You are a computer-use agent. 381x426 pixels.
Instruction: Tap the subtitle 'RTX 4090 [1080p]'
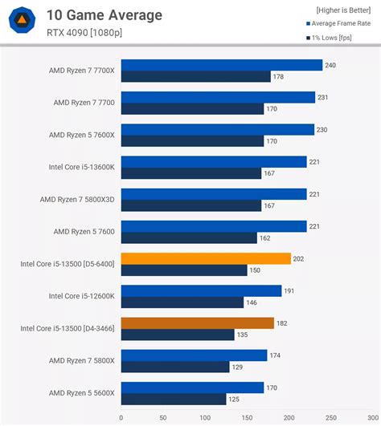tap(86, 34)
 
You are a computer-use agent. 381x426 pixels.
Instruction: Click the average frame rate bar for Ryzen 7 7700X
tap(221, 66)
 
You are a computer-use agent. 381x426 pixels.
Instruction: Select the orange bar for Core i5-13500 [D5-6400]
tap(206, 258)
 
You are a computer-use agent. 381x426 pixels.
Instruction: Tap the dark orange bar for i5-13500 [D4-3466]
tap(197, 323)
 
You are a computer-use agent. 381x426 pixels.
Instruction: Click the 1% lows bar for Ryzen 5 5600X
tap(173, 399)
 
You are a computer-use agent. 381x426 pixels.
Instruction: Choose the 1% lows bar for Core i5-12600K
tap(182, 302)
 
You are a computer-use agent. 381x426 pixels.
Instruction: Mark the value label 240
tap(331, 66)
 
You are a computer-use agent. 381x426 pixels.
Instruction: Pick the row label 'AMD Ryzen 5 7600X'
tap(84, 135)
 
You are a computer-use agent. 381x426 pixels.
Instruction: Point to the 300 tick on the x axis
tap(372, 417)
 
